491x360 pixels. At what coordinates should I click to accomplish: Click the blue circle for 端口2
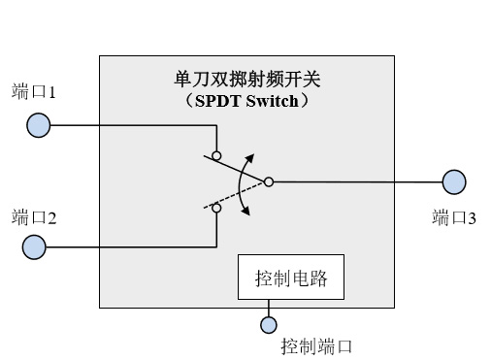coord(33,247)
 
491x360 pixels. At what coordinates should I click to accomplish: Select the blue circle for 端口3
coord(454,181)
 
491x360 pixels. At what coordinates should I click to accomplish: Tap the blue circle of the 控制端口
coord(269,324)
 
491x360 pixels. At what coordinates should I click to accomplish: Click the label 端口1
coord(34,94)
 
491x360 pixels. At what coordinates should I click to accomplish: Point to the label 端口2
coord(34,217)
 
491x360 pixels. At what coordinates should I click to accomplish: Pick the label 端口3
coord(453,217)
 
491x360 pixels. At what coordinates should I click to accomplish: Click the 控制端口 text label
coord(315,345)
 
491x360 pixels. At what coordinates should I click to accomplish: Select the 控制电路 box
coord(291,281)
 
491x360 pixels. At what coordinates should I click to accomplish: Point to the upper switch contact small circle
coord(216,155)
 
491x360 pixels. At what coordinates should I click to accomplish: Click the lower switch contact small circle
coord(216,208)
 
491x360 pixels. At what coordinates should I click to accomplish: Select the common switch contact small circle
coord(269,181)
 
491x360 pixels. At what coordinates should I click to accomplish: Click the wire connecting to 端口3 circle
coord(359,181)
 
